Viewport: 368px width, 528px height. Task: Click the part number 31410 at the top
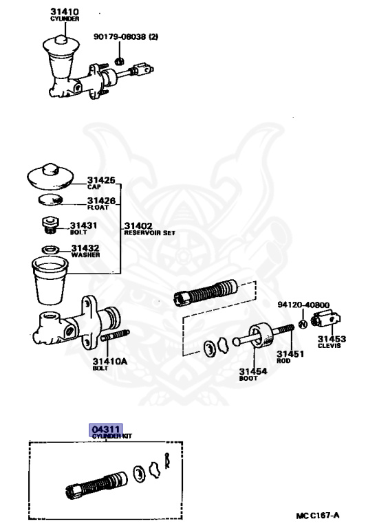(65, 12)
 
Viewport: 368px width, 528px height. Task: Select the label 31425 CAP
(101, 183)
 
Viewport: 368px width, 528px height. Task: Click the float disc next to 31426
(50, 199)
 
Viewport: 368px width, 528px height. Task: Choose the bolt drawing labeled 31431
(50, 225)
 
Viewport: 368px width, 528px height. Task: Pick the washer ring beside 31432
(50, 250)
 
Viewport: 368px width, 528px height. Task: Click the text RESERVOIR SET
(150, 232)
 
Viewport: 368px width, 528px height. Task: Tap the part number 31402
(138, 225)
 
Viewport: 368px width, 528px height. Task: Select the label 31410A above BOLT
(110, 362)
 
